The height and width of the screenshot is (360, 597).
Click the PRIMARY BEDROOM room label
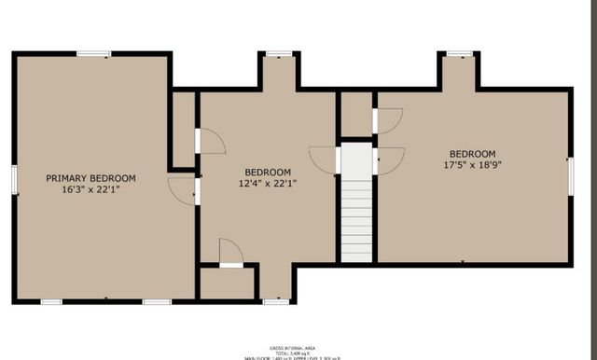point(91,178)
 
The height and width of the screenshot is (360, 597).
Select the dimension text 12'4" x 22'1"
point(269,184)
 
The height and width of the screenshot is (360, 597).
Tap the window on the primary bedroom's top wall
point(93,54)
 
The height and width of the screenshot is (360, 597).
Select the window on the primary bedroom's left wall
point(14,179)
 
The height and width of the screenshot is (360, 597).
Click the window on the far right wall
point(570,176)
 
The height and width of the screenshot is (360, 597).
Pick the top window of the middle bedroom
point(277,54)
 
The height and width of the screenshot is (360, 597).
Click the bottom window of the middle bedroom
point(275,301)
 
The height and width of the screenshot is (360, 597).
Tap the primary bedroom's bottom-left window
point(51,301)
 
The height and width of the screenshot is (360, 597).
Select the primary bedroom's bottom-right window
point(156,301)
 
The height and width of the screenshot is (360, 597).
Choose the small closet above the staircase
point(355,114)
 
